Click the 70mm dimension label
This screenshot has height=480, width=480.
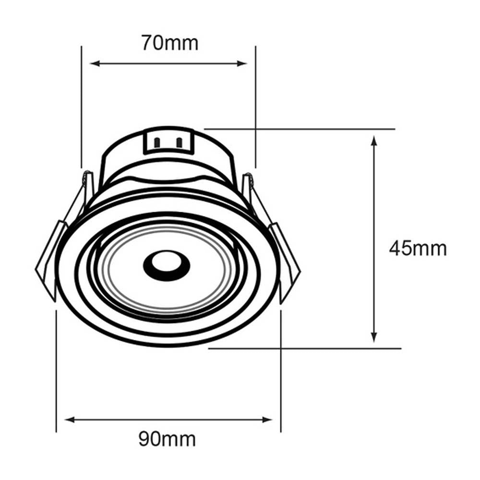(170, 43)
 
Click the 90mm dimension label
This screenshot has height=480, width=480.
(167, 439)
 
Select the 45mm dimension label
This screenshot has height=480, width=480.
(418, 249)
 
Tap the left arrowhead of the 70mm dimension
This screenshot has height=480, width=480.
(96, 63)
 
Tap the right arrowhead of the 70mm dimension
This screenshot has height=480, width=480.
(242, 63)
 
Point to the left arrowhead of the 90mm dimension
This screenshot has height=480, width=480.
(70, 420)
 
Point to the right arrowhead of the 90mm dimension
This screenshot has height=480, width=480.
(267, 420)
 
